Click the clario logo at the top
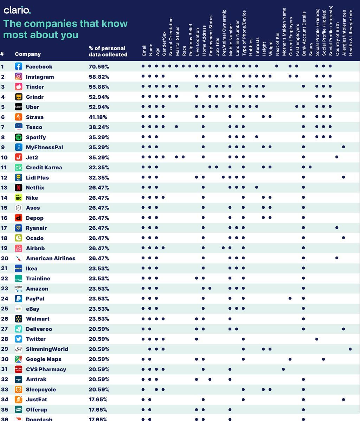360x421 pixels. click(x=17, y=10)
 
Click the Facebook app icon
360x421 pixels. click(x=19, y=66)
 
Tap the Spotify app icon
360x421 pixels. click(x=19, y=137)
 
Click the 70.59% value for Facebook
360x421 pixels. click(x=99, y=66)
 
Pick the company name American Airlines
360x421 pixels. click(x=51, y=258)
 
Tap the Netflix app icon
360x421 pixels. click(x=19, y=188)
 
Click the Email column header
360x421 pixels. click(x=144, y=50)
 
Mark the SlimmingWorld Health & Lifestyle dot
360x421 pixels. click(x=350, y=349)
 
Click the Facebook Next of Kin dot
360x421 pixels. click(x=277, y=66)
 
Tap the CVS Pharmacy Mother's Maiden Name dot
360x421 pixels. click(x=283, y=369)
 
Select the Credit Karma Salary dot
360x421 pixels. click(x=310, y=167)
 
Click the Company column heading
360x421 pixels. click(x=28, y=54)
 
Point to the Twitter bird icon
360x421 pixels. click(x=19, y=339)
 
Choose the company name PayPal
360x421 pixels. click(x=35, y=299)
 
